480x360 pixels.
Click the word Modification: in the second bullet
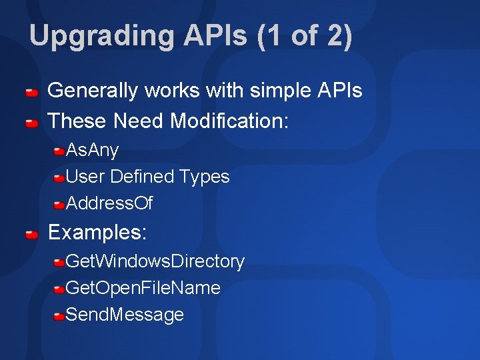tap(229, 121)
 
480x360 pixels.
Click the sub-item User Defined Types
tap(147, 177)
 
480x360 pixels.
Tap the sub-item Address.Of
tap(109, 203)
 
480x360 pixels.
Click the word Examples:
tap(97, 233)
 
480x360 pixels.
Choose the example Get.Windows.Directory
tap(155, 261)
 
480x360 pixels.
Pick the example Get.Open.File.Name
tap(143, 288)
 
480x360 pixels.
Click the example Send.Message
tap(125, 315)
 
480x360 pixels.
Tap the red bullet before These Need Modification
tap(31, 123)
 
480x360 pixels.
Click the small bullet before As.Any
tap(59, 151)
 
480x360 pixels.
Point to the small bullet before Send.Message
tap(59, 315)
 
